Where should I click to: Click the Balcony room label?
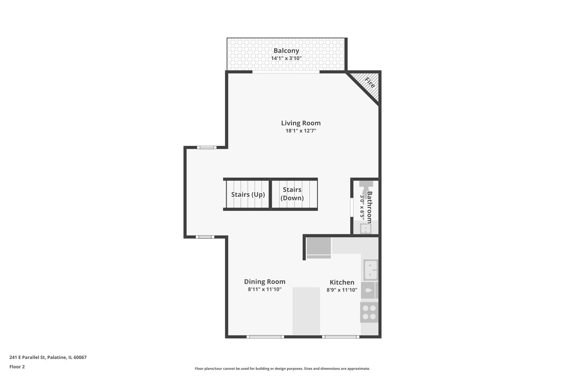(x=286, y=51)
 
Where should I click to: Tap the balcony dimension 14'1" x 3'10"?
(x=286, y=58)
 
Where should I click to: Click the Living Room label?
(x=301, y=123)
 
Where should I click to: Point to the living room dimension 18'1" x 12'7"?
(x=301, y=131)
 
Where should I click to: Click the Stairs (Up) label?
(x=248, y=195)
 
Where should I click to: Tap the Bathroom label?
(x=369, y=207)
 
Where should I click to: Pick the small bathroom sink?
(x=366, y=229)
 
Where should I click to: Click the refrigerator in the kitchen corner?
(x=318, y=248)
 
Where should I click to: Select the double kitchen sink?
(x=370, y=270)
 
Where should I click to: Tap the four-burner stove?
(x=369, y=312)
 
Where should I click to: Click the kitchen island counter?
(x=306, y=311)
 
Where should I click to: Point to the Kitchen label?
(x=342, y=282)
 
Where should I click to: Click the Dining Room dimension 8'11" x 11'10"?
(x=264, y=289)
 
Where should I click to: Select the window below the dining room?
(x=265, y=337)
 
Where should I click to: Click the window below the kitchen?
(x=340, y=337)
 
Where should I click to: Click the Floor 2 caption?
(x=17, y=367)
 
